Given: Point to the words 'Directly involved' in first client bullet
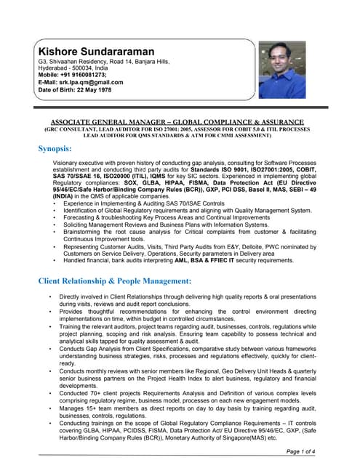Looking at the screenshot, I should [84, 299].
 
